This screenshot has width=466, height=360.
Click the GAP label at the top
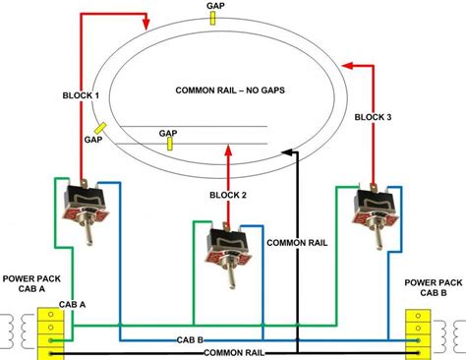coord(214,6)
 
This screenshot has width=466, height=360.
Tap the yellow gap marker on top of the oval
coord(214,20)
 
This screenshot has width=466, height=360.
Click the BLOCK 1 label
coord(80,95)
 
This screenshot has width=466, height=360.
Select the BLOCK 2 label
coord(229,195)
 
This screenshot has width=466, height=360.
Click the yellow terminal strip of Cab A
coord(46,330)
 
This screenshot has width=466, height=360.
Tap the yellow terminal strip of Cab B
coord(419,330)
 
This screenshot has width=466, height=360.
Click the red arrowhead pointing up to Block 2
coord(229,149)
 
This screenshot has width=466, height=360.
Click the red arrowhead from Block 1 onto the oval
coord(146,21)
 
